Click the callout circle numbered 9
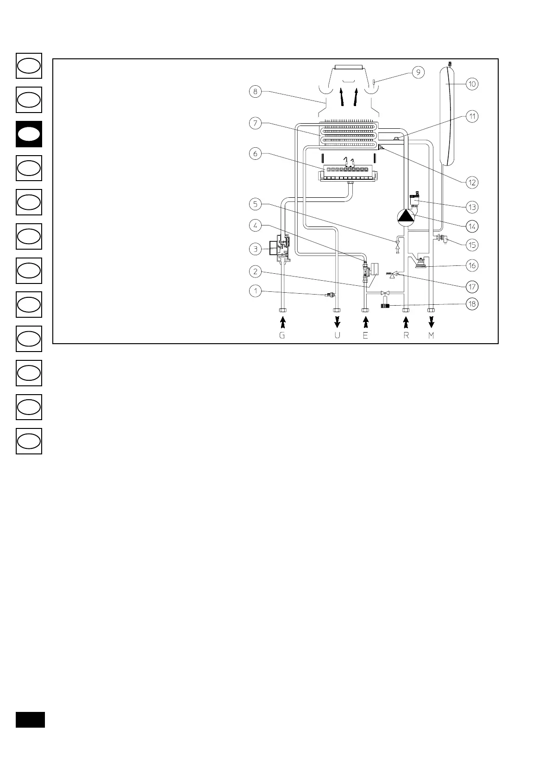[x=418, y=72]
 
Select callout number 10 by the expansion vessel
[x=472, y=84]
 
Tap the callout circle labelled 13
[x=472, y=207]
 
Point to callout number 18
[x=472, y=304]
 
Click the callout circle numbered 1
[x=255, y=291]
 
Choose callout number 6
[x=255, y=154]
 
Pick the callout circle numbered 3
[x=255, y=249]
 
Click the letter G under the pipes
[x=282, y=335]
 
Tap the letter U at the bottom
[x=337, y=335]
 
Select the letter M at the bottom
[x=431, y=335]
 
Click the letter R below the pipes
[x=406, y=335]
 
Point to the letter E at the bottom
[x=365, y=335]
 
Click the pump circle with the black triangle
[x=406, y=217]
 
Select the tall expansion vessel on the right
[x=447, y=116]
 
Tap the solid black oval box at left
[x=29, y=134]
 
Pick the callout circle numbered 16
[x=472, y=265]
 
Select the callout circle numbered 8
[x=255, y=92]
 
